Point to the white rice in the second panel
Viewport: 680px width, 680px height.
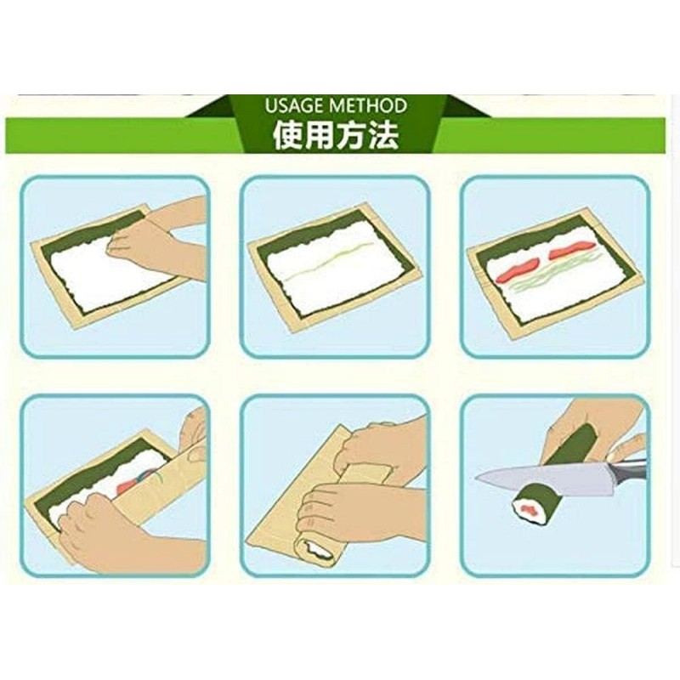coord(336,285)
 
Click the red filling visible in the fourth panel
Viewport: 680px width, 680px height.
coord(127,484)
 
